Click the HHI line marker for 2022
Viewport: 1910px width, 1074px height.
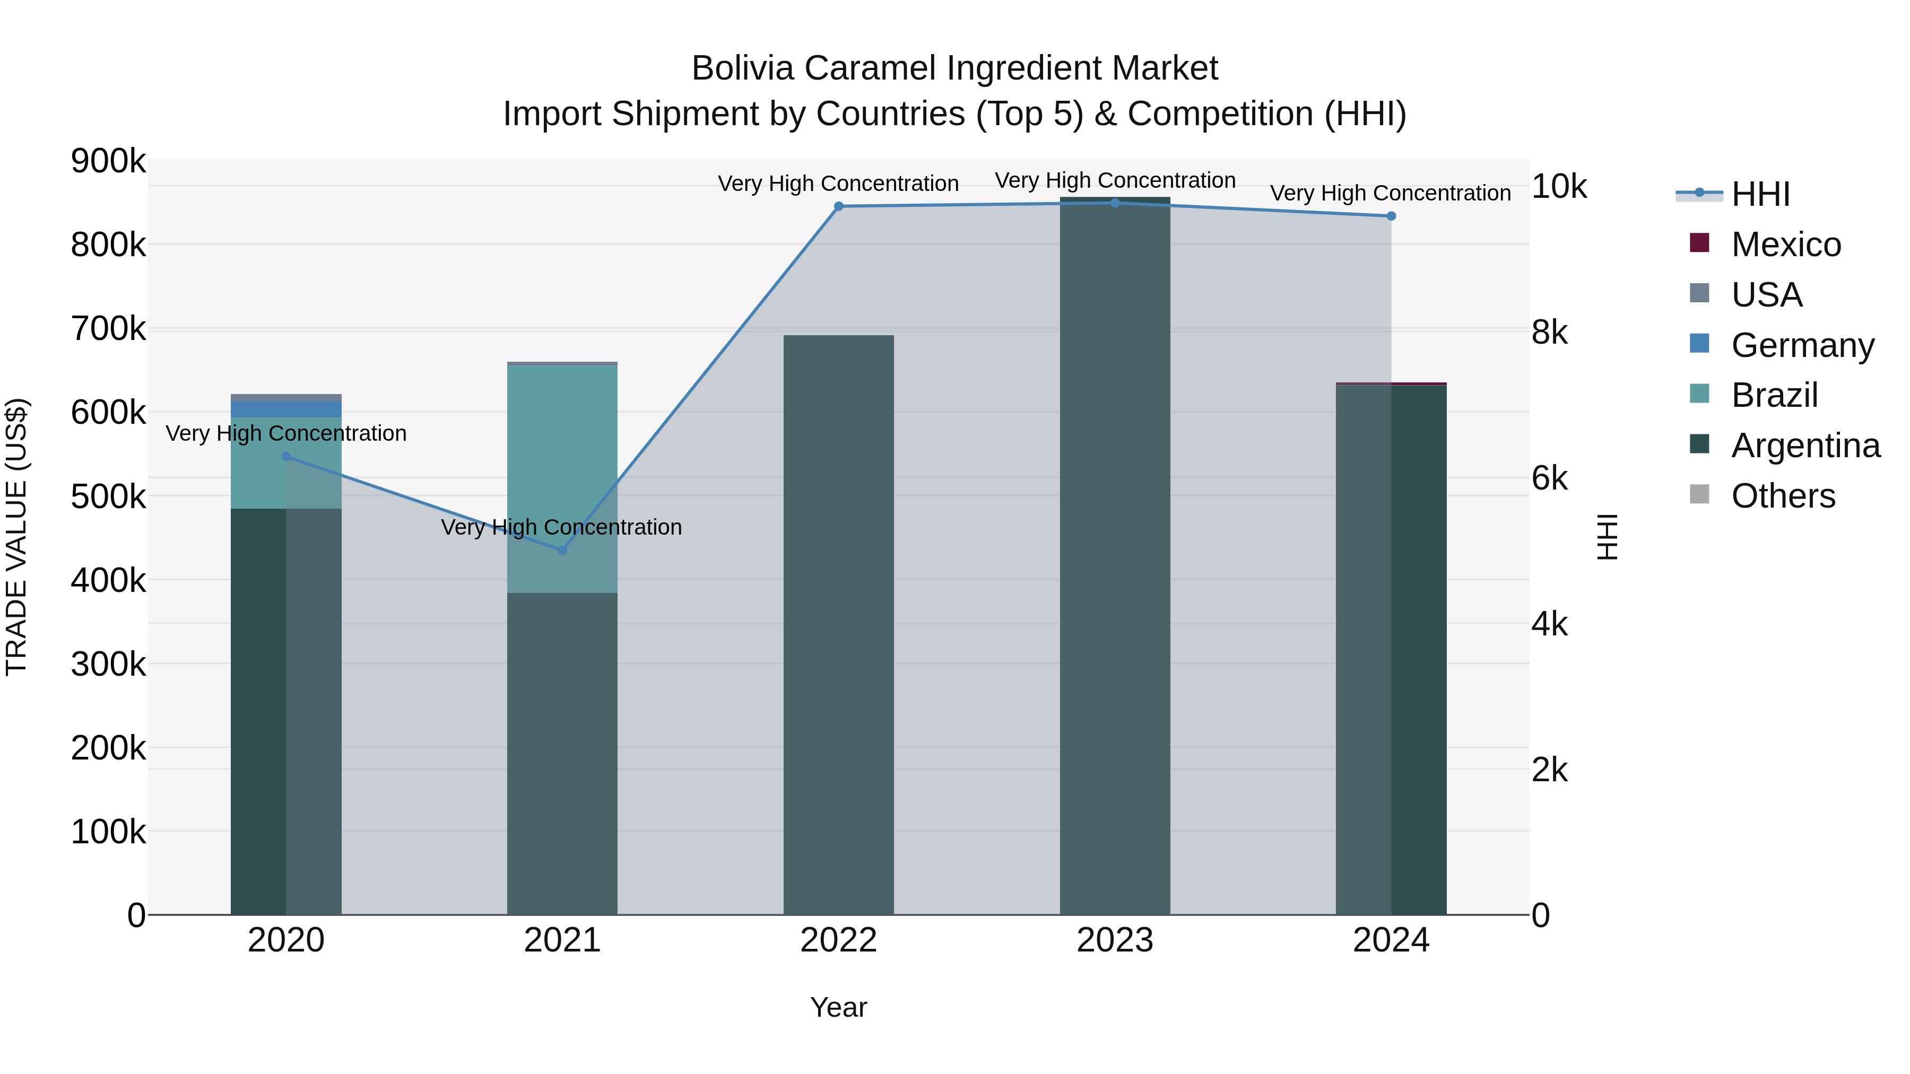click(839, 206)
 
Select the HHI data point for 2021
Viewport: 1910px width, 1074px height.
click(562, 550)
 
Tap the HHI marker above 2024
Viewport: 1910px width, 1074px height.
click(1391, 216)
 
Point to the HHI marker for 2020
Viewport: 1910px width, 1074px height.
click(286, 457)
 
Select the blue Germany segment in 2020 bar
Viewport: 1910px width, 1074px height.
click(286, 409)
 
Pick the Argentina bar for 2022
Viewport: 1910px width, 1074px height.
click(839, 630)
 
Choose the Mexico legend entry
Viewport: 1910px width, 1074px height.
click(1785, 245)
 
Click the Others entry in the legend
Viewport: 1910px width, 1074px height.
click(1783, 496)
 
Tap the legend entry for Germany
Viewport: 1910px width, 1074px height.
click(1802, 345)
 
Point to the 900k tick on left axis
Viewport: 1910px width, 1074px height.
click(108, 161)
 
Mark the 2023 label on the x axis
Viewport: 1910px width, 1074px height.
click(1114, 940)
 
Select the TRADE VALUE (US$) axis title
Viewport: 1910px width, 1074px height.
click(16, 537)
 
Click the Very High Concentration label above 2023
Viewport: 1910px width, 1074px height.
click(1114, 180)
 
